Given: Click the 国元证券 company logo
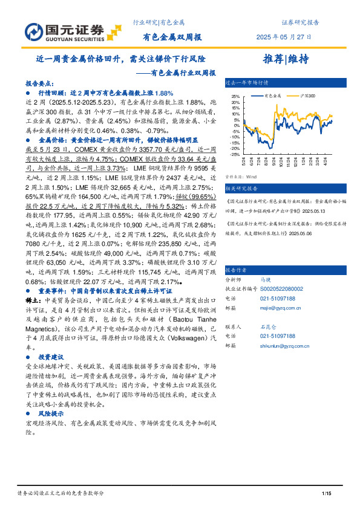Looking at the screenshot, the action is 63,31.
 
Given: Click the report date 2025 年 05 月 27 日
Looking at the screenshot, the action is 287,37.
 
